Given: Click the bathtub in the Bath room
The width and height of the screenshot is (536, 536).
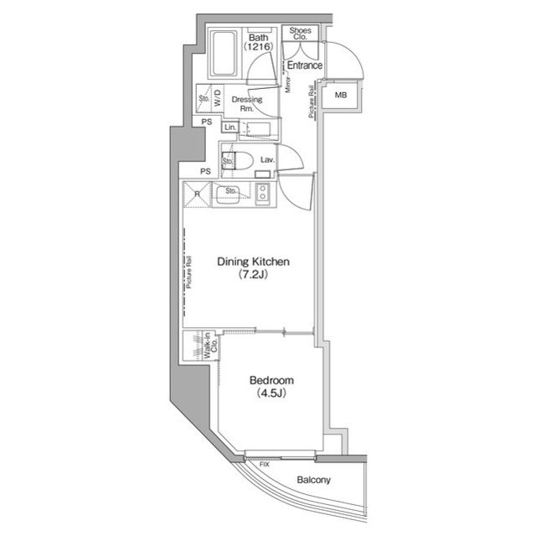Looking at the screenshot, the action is pos(224,54).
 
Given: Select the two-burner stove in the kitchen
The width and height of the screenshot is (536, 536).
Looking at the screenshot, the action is pos(262,194).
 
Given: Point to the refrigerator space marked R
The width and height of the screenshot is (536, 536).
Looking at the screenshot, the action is pos(198,194).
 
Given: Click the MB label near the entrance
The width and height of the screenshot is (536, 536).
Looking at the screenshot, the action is pos(341,95).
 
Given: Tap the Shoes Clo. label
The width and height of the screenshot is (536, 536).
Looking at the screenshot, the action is pos(300,34).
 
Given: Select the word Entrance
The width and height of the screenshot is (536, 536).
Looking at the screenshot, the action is pos(305,65).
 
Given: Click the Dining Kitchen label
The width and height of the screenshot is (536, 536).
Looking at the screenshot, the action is pos(253,262).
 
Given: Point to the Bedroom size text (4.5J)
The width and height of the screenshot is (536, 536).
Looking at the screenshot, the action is pos(271,393).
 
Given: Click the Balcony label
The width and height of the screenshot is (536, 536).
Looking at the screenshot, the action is pos(313,480).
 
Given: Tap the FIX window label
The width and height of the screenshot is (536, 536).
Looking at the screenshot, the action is pos(265,465).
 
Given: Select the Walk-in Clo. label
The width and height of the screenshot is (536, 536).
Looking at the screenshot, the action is pos(210,346).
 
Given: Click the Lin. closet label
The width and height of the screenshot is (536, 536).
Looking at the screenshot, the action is pos(230,127).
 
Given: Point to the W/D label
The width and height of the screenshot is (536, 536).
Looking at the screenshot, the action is pos(218,97).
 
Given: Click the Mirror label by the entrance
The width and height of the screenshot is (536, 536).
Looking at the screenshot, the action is pos(288,84).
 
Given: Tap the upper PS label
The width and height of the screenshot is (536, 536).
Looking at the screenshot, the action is pos(207,122).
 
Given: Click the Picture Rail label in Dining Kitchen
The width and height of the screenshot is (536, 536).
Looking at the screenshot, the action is pos(189,272).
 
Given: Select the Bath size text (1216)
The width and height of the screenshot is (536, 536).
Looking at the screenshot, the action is pos(259,46).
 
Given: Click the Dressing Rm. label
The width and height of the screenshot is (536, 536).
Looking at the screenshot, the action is pos(247,104).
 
